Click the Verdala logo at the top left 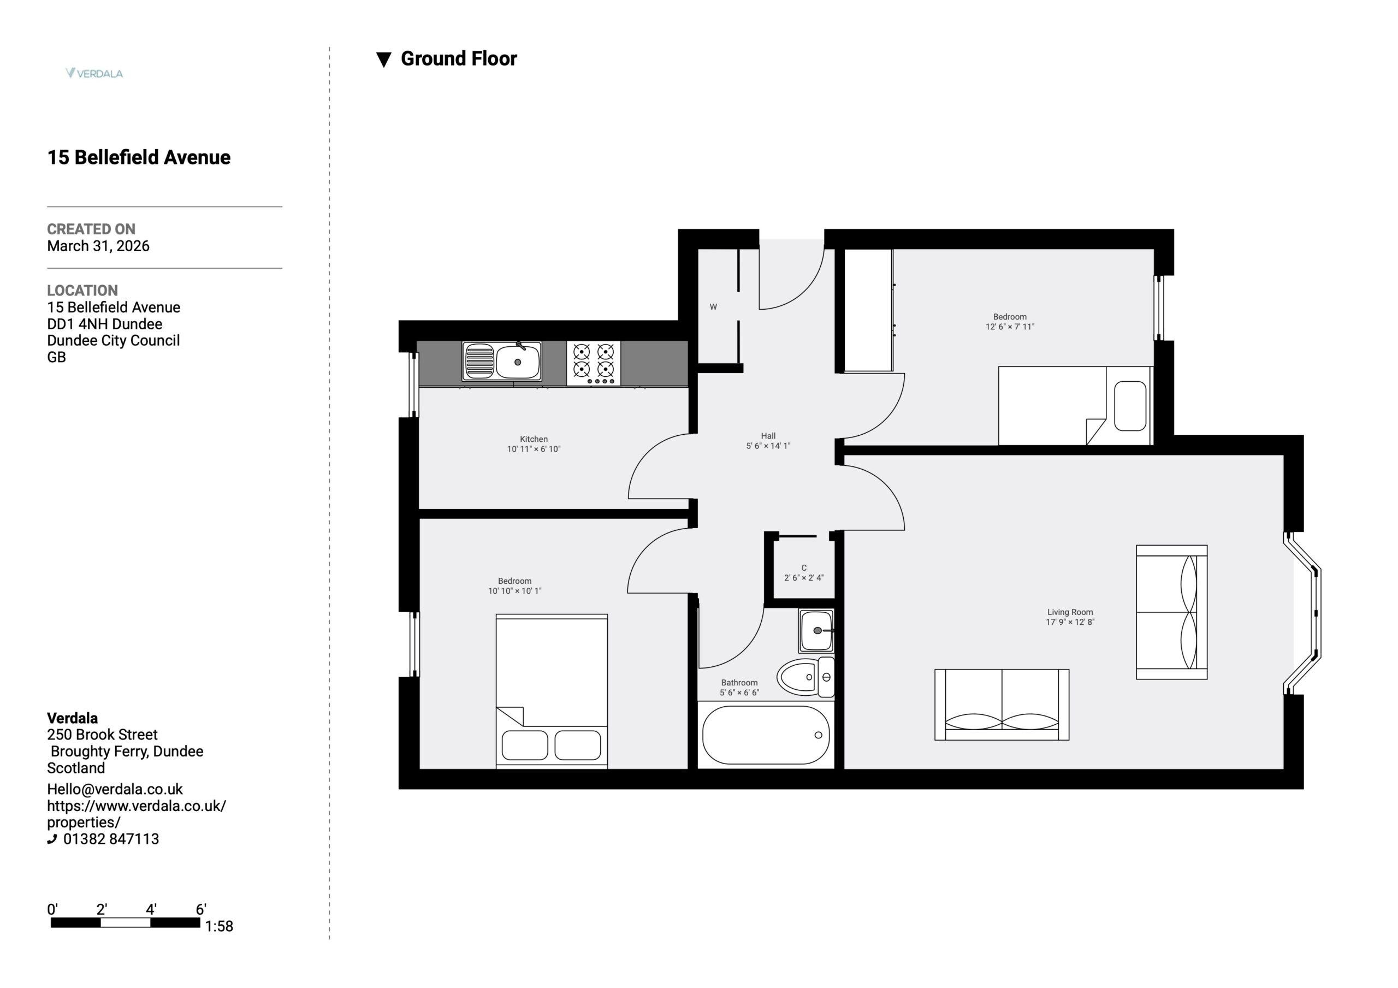[94, 73]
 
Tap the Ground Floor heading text [459, 58]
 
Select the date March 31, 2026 [98, 246]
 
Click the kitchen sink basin [518, 361]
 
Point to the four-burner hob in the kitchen [594, 363]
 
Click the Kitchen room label [534, 439]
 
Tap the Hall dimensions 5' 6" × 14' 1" [768, 446]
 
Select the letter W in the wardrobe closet [713, 307]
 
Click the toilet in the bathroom [805, 677]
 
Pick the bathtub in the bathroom [766, 735]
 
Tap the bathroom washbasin [816, 630]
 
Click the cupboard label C [804, 567]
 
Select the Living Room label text [1070, 612]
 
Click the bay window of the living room [1304, 613]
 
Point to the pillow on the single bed [1130, 406]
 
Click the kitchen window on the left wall [413, 384]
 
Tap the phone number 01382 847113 [111, 839]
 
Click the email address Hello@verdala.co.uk [115, 789]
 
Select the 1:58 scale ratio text [219, 926]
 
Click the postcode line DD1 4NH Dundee [105, 324]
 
